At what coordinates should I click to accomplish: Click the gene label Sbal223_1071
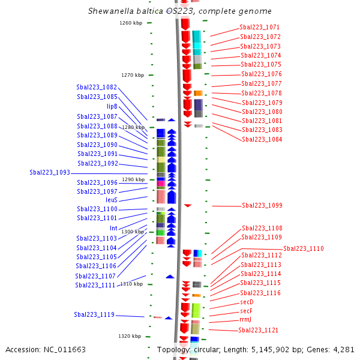259,28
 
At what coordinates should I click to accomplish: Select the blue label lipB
112,106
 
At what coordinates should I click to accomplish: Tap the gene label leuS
112,200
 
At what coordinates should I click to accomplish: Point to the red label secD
247,302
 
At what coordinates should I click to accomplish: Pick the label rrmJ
245,320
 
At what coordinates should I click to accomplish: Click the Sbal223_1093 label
50,172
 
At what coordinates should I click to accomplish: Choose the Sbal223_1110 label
304,248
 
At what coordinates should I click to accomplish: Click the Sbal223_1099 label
262,205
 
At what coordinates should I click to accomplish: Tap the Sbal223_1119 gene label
94,314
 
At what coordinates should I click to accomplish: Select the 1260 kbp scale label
131,23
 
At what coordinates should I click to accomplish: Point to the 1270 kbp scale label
133,75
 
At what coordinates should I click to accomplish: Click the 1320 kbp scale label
130,336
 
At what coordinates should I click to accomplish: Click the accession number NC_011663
65,350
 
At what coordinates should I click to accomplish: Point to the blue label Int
113,228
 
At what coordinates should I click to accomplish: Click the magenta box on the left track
161,184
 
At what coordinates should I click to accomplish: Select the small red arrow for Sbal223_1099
188,205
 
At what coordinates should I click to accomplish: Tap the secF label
247,311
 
